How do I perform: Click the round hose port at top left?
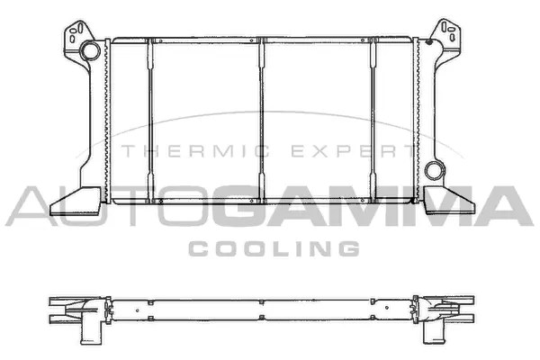89,52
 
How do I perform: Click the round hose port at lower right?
436,169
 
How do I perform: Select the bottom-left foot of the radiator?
76,200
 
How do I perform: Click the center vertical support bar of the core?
262,117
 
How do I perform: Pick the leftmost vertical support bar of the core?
150,117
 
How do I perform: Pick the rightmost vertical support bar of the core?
373,117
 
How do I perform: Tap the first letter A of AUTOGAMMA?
27,206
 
